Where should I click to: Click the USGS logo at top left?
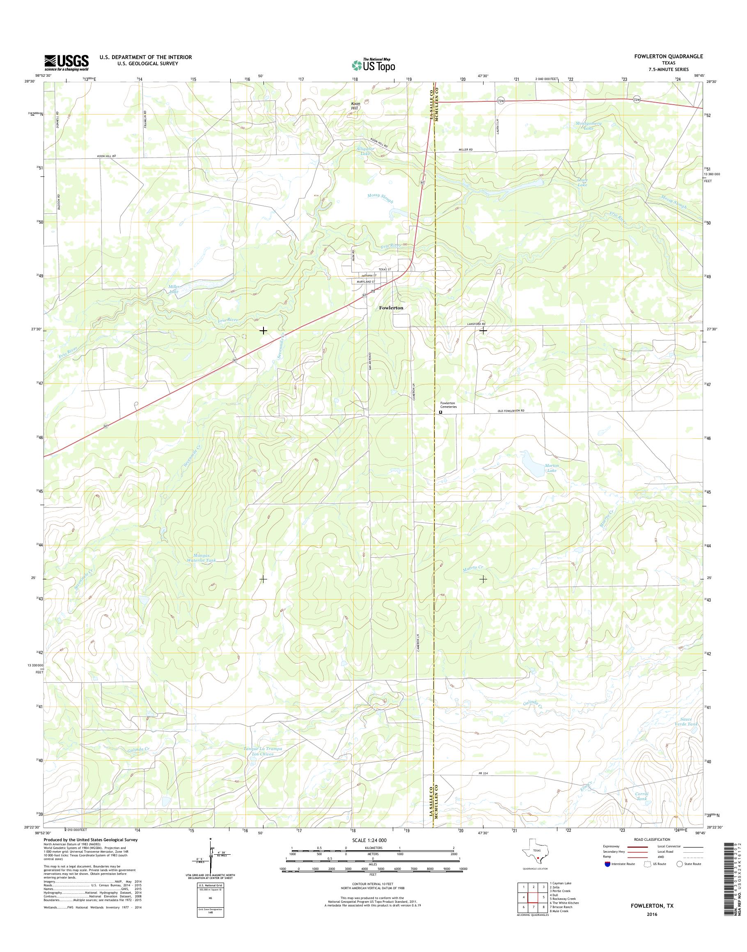click(x=66, y=63)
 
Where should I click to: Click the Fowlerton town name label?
click(x=391, y=308)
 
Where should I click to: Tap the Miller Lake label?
click(x=174, y=288)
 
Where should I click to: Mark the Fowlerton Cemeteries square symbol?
click(x=440, y=412)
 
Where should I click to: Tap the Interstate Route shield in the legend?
click(x=607, y=864)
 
